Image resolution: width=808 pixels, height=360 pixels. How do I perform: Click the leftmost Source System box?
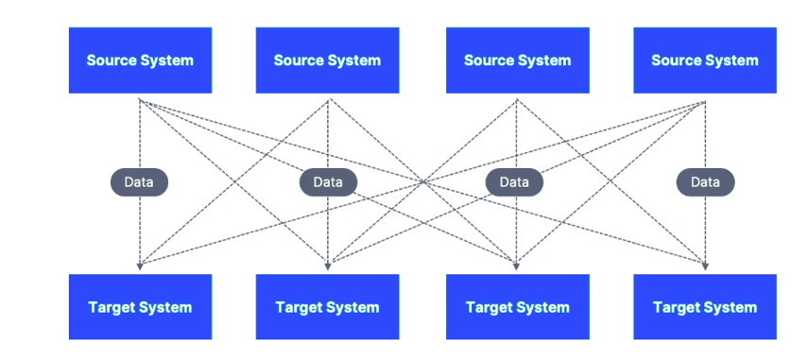tap(140, 60)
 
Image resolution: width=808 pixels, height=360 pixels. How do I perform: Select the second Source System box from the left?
tap(327, 60)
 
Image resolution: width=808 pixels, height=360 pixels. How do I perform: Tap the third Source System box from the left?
tap(517, 60)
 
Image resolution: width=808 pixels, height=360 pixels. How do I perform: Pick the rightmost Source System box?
tap(705, 60)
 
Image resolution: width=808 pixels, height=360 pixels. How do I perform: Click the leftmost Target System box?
tap(140, 307)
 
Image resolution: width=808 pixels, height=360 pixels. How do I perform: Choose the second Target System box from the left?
tap(327, 307)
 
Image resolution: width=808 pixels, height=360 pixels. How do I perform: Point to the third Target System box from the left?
tap(517, 307)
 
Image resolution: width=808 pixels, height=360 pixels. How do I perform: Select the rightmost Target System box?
tap(705, 307)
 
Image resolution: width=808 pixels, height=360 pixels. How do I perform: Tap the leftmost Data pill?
tap(139, 182)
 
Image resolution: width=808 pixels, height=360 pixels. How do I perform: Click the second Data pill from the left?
tap(328, 182)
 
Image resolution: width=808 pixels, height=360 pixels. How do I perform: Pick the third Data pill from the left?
tap(514, 182)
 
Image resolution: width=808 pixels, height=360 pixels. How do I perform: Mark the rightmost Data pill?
tap(705, 182)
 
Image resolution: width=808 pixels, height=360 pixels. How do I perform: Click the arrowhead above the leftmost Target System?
tap(139, 266)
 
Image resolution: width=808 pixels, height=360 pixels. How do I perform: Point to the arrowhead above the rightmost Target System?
tap(705, 266)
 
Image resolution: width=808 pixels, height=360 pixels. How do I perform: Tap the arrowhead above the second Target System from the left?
tap(328, 266)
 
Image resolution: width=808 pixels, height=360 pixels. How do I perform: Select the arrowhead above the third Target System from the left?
tap(516, 266)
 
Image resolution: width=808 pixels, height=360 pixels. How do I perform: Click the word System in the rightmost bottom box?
tap(731, 308)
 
